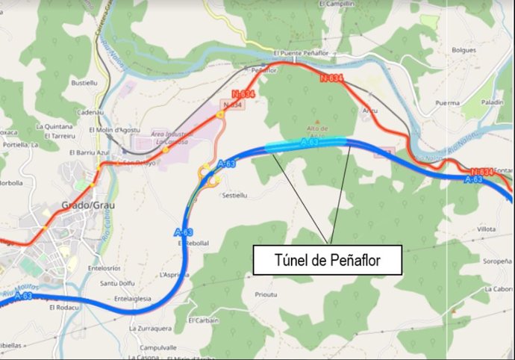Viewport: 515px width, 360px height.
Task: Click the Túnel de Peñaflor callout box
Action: (328, 261)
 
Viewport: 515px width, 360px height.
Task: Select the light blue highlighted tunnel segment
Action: (306, 144)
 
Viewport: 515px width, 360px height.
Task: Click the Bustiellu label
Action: (84, 83)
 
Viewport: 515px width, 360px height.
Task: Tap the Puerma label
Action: (446, 103)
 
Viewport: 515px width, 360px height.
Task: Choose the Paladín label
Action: (492, 102)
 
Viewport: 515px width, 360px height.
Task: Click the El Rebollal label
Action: (194, 242)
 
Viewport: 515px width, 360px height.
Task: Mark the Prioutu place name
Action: (266, 294)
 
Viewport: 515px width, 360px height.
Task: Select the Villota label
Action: (485, 229)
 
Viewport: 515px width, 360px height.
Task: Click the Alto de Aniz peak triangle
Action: (318, 122)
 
